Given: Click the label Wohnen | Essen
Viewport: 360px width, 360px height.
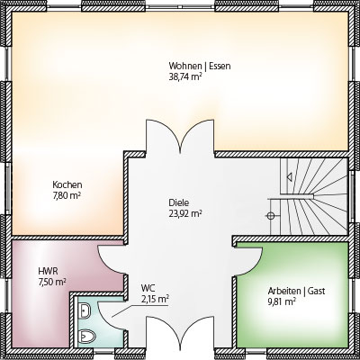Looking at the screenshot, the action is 200,66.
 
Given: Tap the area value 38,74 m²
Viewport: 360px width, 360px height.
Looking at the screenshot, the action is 184,76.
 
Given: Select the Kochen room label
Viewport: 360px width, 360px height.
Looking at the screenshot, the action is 67,184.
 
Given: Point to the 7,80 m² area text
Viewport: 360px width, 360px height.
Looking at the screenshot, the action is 67,195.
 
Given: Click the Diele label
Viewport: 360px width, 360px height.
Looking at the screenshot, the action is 179,202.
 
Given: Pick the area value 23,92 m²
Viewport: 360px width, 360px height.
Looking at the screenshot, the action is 184,213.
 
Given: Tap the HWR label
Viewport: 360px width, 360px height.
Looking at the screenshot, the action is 48,272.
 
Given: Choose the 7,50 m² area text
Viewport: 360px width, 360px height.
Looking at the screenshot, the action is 52,283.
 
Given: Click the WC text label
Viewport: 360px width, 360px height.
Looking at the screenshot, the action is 148,289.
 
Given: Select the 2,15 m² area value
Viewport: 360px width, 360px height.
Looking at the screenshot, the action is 155,300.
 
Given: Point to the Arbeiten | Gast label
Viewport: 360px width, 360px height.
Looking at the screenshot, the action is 296,291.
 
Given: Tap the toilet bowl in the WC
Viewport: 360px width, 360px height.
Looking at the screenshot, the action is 86,337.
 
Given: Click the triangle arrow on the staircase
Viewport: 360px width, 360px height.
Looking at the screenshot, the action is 290,177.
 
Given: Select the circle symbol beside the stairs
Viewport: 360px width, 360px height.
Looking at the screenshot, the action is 270,215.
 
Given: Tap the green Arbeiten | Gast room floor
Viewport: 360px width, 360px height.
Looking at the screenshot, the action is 292,295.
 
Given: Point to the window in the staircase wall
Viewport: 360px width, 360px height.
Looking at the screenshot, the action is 352,198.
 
